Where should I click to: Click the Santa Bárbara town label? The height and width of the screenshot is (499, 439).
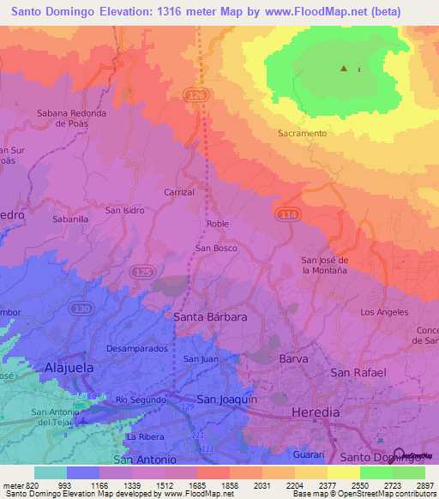point(210,316)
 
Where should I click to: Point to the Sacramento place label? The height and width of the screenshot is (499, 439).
point(302,134)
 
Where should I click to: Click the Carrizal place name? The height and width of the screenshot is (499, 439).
point(179,193)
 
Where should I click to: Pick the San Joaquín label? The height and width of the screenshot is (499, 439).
point(227,400)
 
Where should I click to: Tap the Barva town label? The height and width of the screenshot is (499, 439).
point(293,359)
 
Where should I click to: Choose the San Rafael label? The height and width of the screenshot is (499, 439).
point(359,373)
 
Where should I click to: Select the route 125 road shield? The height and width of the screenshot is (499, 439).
point(142,272)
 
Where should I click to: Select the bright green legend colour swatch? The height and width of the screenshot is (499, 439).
point(376,472)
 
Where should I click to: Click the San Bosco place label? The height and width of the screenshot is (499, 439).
point(216,249)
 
